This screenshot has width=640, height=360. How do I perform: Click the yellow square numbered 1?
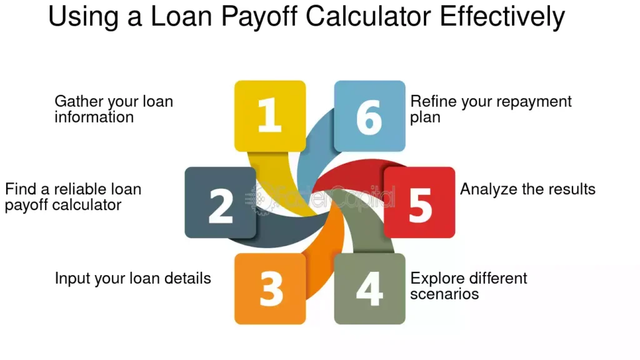coord(270,116)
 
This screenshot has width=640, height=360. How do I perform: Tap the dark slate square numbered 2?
coord(221,202)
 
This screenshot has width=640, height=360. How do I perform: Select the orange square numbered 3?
coord(270,289)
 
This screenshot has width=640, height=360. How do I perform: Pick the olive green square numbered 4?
coord(370,289)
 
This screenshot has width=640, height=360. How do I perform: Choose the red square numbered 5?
coord(419,202)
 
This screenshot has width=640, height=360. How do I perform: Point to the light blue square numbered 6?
coord(370,116)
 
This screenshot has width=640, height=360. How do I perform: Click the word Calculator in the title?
coord(368,16)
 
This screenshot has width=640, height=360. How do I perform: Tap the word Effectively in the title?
coord(502,17)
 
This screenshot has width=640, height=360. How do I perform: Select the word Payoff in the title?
coord(259,17)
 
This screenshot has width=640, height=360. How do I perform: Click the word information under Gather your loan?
coord(94,117)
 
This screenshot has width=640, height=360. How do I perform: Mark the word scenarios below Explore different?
coord(444,294)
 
